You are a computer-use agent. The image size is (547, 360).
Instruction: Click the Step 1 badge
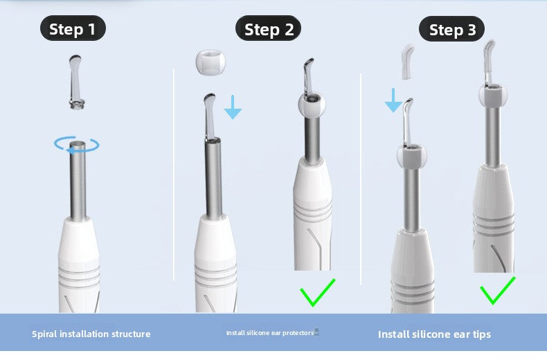pyautogui.click(x=73, y=29)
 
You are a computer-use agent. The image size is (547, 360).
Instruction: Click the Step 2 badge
pyautogui.click(x=269, y=29)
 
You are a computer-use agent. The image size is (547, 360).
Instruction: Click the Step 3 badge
pyautogui.click(x=451, y=29)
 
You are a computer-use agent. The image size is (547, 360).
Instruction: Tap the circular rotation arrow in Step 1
pyautogui.click(x=77, y=145)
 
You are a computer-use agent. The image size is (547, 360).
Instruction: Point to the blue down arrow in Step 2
pyautogui.click(x=233, y=107)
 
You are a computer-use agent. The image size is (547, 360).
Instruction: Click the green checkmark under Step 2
pyautogui.click(x=316, y=293)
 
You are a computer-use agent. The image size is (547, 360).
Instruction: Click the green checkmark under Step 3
pyautogui.click(x=498, y=290)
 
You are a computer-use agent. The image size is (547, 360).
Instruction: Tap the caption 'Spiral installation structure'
pyautogui.click(x=91, y=334)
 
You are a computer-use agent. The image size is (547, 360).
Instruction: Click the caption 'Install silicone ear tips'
pyautogui.click(x=434, y=334)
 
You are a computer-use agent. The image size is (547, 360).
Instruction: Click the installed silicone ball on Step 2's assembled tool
pyautogui.click(x=312, y=104)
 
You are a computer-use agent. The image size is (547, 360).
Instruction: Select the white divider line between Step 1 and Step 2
pyautogui.click(x=173, y=173)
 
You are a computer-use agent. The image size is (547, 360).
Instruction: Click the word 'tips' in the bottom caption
pyautogui.click(x=480, y=334)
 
